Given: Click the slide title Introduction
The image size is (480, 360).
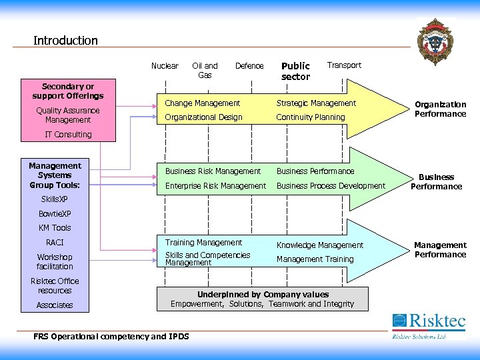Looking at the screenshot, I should pos(65,41).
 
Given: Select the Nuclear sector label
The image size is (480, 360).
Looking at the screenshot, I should pos(165,65).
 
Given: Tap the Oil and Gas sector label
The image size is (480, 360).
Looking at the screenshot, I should pos(205,70).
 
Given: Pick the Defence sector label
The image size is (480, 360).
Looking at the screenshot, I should pos(249,65).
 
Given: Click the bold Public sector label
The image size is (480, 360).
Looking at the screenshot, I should pos(295,71).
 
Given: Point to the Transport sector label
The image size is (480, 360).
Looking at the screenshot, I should pos(344,65).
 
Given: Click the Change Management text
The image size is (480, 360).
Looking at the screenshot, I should pos(202,103).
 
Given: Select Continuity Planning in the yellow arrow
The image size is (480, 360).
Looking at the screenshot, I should pos(311,117).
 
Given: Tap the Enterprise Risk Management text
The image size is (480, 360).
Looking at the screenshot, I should pos(215,186).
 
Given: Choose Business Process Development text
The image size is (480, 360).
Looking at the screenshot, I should pos(331,186).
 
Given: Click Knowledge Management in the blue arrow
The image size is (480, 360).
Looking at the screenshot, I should pos(320,245).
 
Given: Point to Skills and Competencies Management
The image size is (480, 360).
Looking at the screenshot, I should pos(207,259).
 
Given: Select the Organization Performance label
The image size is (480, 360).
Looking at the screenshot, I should pos(440,109).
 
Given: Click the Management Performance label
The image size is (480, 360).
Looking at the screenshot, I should pos(440,250).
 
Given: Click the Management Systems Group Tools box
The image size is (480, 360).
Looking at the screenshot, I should pos(55,175).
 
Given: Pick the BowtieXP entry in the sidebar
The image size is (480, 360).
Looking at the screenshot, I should pos(55,214).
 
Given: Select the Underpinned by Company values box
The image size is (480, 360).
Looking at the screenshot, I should pos(262,299).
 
